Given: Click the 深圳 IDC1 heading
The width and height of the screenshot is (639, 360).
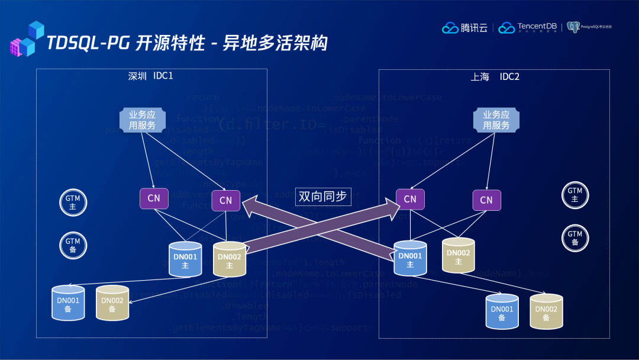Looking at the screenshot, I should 150,76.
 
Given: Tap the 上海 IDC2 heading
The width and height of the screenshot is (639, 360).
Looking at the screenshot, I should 495,76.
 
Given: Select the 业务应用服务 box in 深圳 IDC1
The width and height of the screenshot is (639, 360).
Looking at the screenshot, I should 142,120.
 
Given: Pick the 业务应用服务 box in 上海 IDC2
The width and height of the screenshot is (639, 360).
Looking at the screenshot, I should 496,120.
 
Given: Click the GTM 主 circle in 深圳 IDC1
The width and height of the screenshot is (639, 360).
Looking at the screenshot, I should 73,202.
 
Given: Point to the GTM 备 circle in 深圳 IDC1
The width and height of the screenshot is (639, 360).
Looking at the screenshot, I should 73,245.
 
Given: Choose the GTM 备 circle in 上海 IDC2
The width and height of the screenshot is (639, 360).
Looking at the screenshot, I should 575,237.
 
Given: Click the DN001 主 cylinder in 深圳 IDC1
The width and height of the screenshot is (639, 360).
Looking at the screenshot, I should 185,260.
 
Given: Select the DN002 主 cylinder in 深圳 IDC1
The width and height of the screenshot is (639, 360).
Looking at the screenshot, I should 230,260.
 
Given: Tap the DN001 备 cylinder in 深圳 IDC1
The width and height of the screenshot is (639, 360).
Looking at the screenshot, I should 68,304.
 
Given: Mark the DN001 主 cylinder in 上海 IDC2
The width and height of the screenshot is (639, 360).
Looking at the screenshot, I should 410,259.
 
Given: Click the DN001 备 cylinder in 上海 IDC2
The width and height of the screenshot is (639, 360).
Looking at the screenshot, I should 502,312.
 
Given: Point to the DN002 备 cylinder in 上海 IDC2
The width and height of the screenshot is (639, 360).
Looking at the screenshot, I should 546,312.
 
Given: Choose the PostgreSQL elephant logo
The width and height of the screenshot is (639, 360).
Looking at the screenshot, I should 573,27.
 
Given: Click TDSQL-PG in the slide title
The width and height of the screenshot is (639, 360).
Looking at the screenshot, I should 88,43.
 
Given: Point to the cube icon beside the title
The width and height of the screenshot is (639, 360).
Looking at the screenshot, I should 27,39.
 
